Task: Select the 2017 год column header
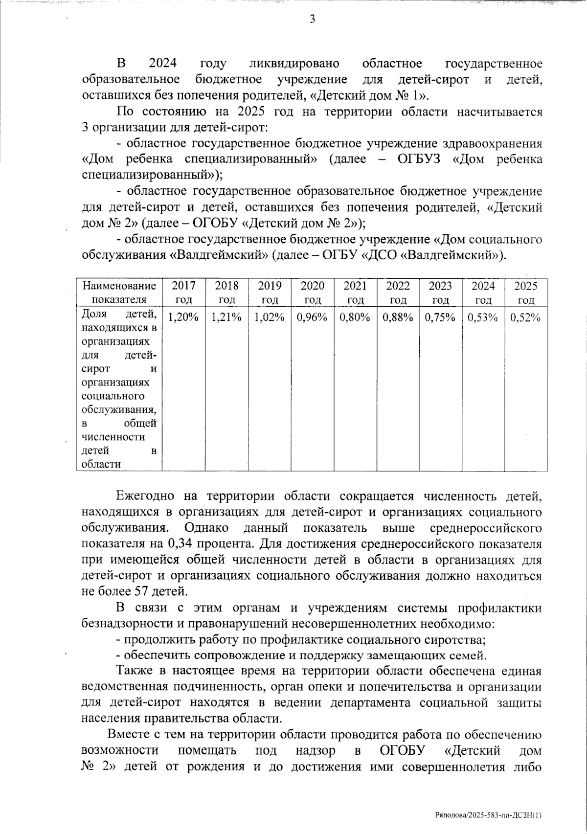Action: [184, 293]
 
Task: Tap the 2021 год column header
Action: [355, 293]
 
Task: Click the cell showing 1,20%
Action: [184, 317]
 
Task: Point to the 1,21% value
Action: [226, 317]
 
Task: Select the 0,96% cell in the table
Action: [312, 317]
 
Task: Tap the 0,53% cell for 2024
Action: [483, 317]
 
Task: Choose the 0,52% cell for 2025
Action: [526, 317]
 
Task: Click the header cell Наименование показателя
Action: [119, 293]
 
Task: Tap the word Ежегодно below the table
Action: [145, 496]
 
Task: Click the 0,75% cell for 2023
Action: [440, 317]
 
